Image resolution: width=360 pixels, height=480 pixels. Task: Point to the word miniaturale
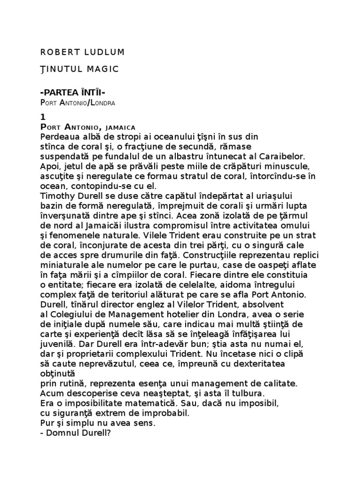(64, 266)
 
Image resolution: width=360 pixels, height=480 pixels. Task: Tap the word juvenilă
(59, 344)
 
